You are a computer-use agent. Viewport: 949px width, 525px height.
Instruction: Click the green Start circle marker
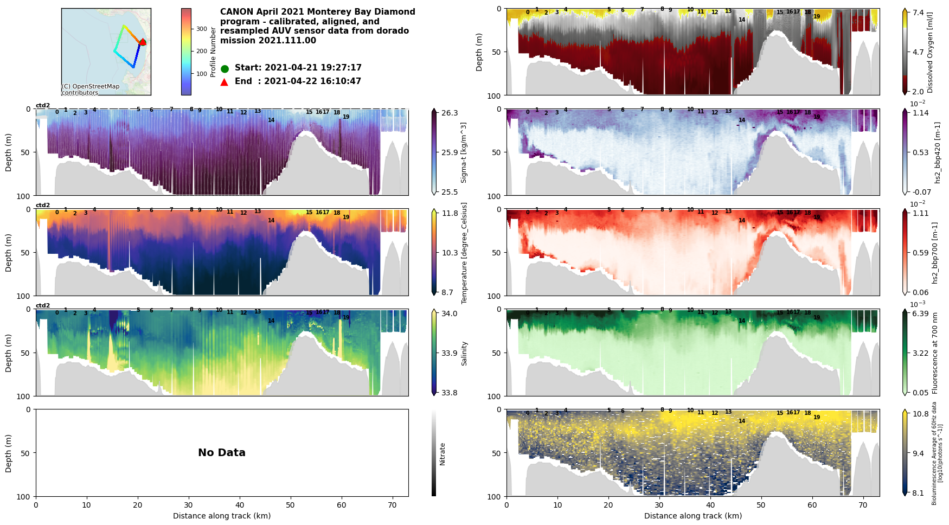(225, 69)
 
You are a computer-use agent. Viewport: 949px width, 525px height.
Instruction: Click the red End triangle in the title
(225, 82)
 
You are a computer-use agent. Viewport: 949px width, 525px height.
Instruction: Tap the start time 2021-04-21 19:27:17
(312, 68)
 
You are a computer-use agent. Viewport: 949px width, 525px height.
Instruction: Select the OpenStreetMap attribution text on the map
(91, 89)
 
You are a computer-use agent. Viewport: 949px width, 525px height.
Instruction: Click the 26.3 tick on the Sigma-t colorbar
(450, 113)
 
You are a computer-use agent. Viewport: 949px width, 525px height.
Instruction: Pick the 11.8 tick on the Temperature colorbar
(450, 213)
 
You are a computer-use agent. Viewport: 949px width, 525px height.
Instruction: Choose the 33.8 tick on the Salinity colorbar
(450, 393)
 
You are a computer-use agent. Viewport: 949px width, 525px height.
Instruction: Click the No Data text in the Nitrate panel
(222, 453)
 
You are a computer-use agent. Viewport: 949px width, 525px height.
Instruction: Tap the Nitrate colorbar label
(443, 454)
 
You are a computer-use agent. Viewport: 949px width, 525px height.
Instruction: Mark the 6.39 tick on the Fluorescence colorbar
(920, 313)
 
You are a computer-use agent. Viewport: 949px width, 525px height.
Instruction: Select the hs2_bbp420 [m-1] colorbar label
(937, 152)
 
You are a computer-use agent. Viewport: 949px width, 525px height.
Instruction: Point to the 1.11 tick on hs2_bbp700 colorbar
(920, 213)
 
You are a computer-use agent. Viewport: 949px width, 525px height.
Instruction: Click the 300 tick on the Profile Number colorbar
(202, 29)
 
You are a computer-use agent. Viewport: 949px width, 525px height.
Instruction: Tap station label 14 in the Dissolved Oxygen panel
(742, 20)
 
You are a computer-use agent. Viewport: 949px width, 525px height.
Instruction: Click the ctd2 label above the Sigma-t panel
(43, 105)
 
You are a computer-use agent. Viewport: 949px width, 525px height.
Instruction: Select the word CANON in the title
(236, 12)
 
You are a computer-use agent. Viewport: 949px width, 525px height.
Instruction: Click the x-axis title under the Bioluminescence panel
(692, 516)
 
